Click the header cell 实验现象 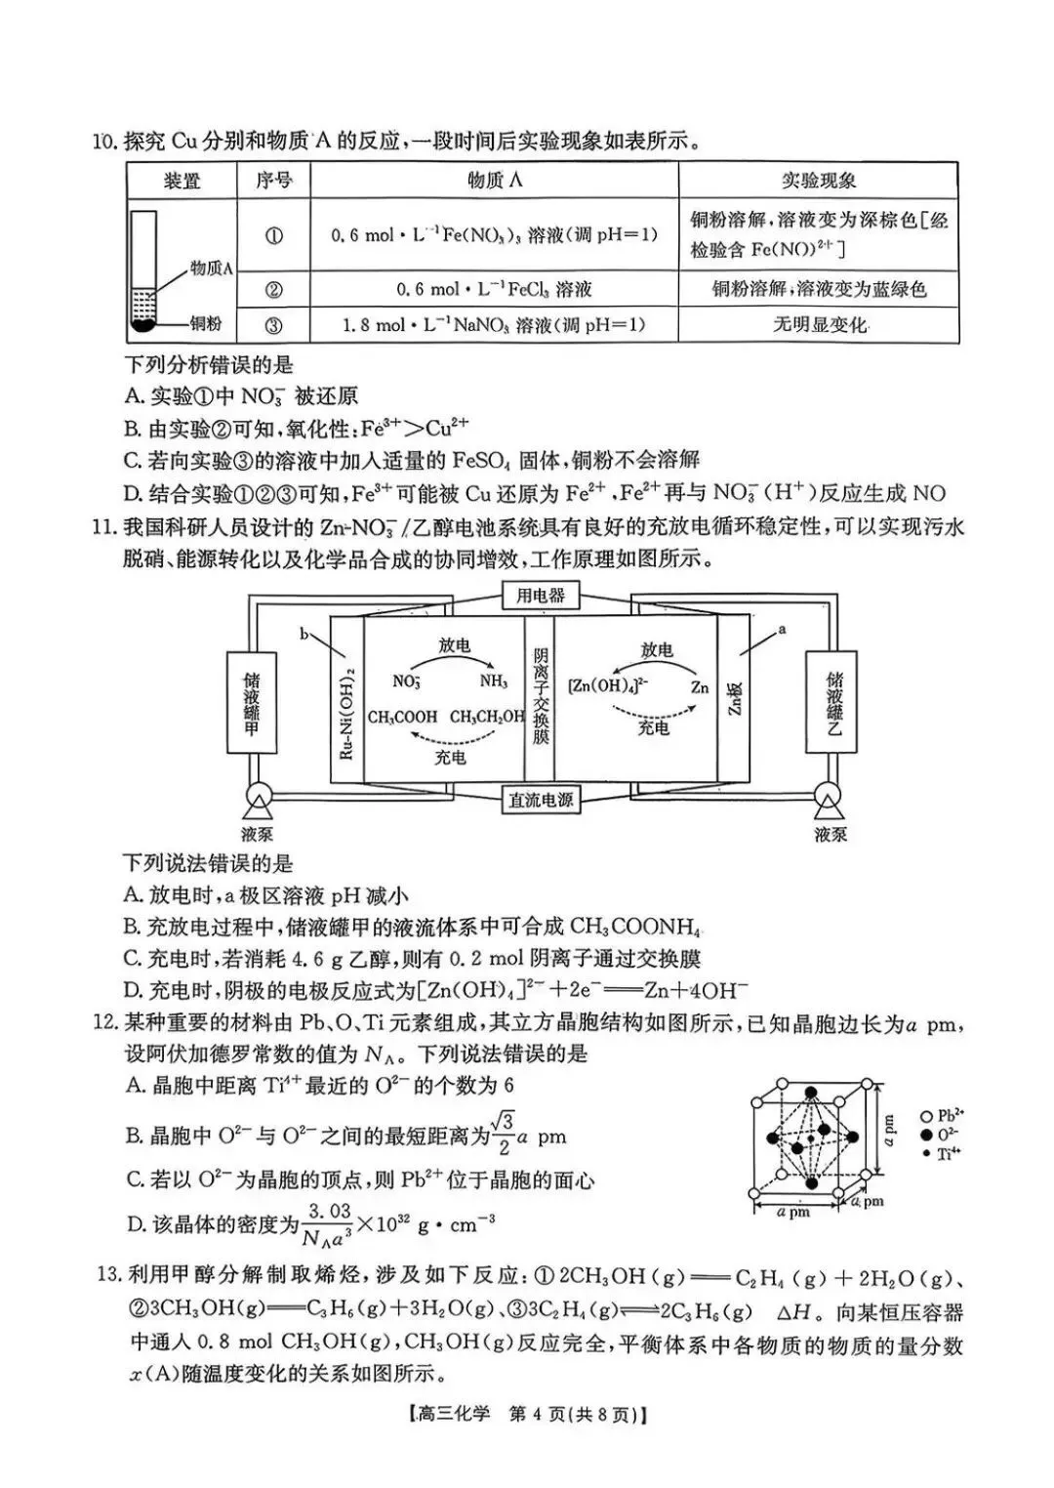pos(818,181)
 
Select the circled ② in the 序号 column pos(273,289)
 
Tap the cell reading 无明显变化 pos(818,324)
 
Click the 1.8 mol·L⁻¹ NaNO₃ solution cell pos(494,324)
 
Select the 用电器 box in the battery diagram pos(540,595)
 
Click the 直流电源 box pos(540,801)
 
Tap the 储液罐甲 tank pos(251,703)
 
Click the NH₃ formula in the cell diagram pos(493,681)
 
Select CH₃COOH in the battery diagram pos(402,717)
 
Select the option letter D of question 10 pos(134,494)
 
